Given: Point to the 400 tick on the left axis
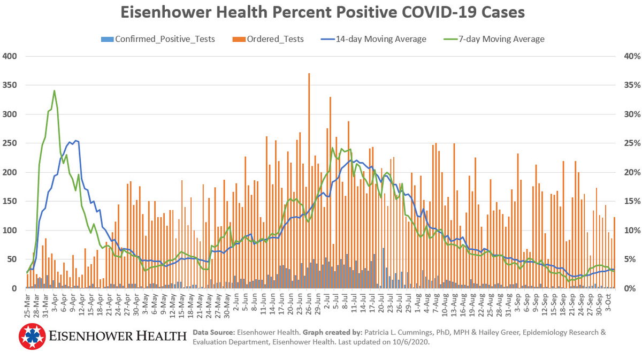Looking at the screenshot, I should [10, 56].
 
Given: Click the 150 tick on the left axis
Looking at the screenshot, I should [10, 202].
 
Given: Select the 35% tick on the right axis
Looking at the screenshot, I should [625, 86].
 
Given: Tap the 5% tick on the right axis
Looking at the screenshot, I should [625, 259].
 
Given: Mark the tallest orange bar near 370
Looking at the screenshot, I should [309, 75].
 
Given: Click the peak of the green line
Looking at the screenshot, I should [55, 91].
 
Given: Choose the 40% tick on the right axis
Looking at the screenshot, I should [625, 56].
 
